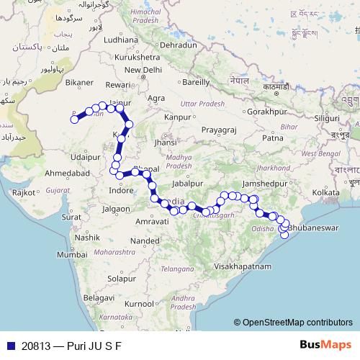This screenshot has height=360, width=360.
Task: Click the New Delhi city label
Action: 143,70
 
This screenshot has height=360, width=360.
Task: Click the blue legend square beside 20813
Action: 8,346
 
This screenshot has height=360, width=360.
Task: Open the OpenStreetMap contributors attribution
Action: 297,323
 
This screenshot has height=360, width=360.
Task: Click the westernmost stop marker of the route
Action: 73,120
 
